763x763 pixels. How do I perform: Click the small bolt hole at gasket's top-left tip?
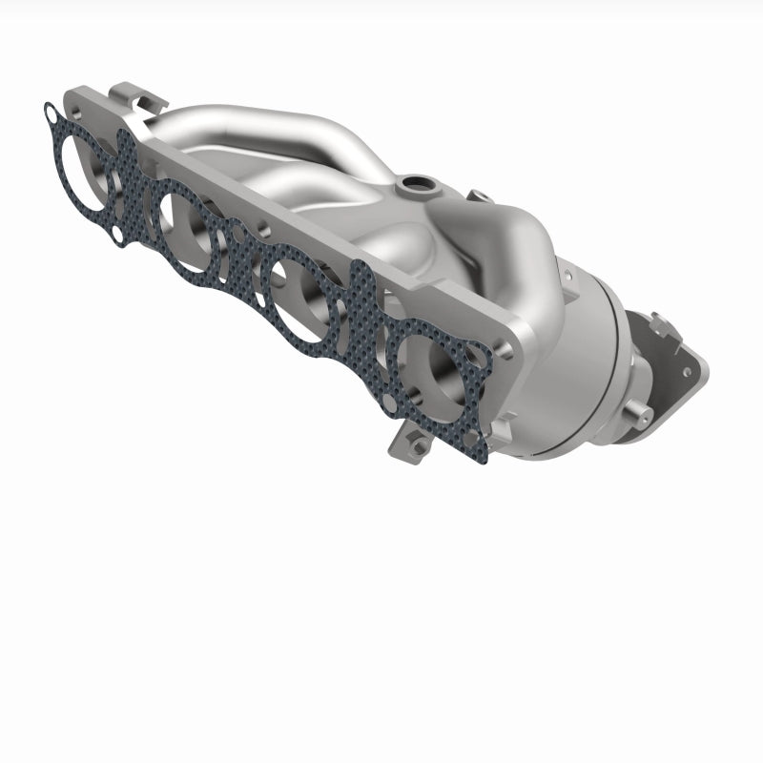[x=50, y=115]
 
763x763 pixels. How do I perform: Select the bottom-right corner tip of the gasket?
[x=485, y=460]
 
